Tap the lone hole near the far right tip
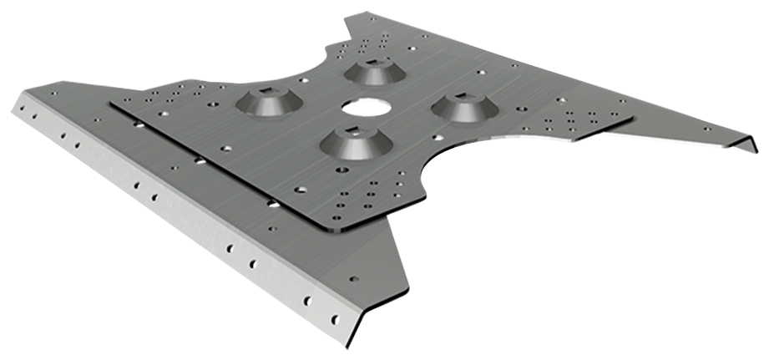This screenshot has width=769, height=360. coord(708,129)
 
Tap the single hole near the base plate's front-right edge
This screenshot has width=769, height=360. coord(353,279)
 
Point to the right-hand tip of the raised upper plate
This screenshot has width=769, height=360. coord(632,121)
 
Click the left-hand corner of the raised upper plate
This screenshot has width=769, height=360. coord(112,105)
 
